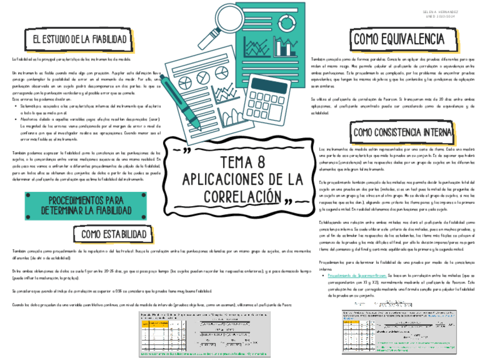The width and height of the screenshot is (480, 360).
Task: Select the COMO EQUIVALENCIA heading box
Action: click(x=398, y=39)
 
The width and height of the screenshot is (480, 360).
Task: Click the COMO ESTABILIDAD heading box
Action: click(x=113, y=234)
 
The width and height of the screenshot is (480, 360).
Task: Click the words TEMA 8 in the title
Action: click(x=242, y=162)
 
